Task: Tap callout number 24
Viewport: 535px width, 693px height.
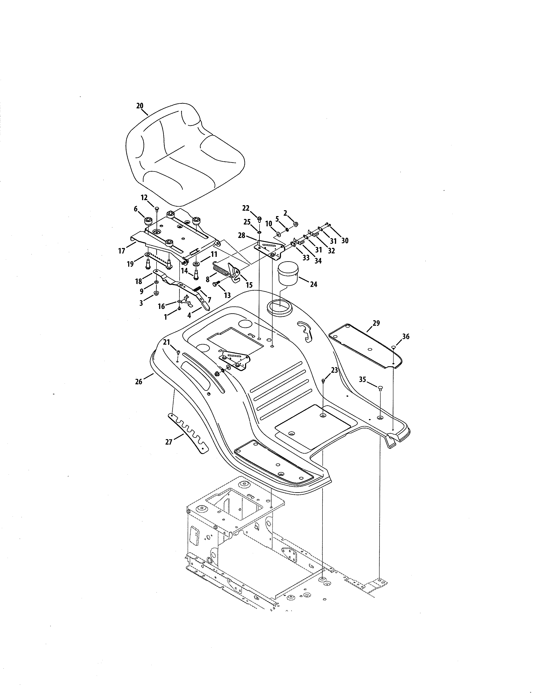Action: pos(313,284)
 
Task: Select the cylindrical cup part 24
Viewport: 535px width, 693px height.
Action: pos(288,273)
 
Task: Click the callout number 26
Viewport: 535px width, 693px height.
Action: pos(138,382)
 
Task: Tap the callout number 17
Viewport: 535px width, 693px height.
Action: pos(122,251)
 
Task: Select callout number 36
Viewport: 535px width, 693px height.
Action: pos(406,337)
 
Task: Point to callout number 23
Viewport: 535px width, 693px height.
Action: pos(334,370)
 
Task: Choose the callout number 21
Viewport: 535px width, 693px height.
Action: pos(167,342)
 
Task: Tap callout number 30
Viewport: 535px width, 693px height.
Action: pos(345,241)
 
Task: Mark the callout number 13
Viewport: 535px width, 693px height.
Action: pos(227,296)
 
